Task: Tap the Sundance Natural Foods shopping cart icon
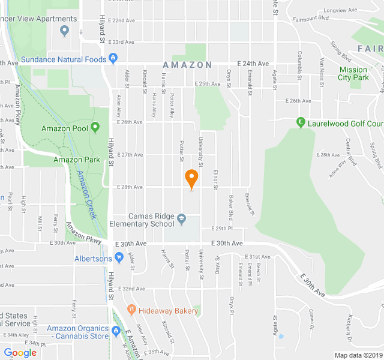pyautogui.click(x=112, y=59)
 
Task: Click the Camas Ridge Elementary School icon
pyautogui.click(x=182, y=217)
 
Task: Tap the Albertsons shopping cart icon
pyautogui.click(x=119, y=259)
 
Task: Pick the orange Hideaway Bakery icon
pyautogui.click(x=131, y=310)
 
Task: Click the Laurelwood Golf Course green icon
pyautogui.click(x=301, y=123)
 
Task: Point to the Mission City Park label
pyautogui.click(x=353, y=74)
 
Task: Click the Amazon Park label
pyautogui.click(x=76, y=160)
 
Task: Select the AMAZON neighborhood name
pyautogui.click(x=187, y=65)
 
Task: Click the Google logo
pyautogui.click(x=20, y=353)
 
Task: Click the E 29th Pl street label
pyautogui.click(x=221, y=229)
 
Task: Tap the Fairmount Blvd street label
pyautogui.click(x=310, y=17)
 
